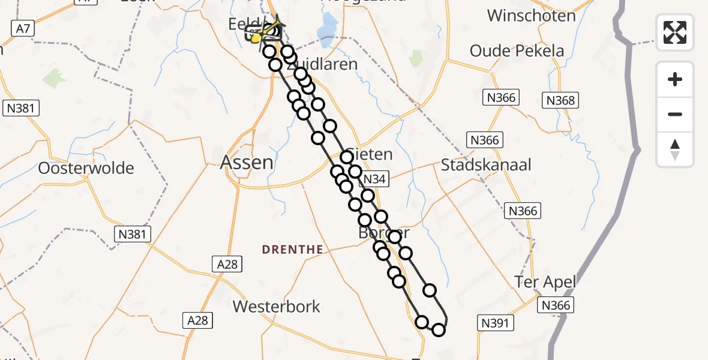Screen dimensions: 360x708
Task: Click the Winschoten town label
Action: coord(531,16)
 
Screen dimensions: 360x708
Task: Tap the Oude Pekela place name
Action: coord(517,51)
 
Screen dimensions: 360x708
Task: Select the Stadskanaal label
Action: coord(486,164)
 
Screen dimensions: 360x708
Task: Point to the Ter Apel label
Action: coord(545,281)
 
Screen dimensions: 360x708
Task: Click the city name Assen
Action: coord(247,162)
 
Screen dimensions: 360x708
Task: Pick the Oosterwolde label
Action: coord(86,168)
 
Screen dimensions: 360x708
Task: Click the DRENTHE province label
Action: coord(293,250)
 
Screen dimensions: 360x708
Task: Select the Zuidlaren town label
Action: coord(327,64)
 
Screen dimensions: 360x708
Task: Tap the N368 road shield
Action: coord(560,101)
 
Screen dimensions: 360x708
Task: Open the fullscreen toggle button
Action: coord(675,32)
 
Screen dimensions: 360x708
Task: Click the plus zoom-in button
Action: coord(675,79)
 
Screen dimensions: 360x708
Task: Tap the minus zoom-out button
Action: coord(675,114)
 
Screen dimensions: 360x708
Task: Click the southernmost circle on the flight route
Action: coord(439,329)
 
